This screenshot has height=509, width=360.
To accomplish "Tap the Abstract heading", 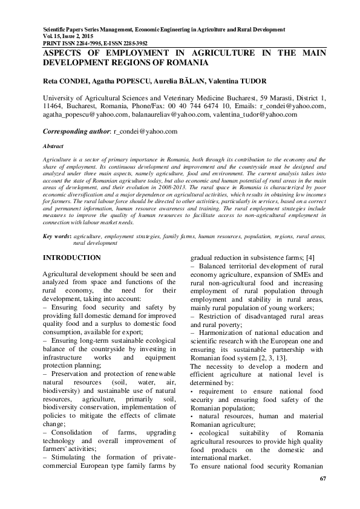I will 54,146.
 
